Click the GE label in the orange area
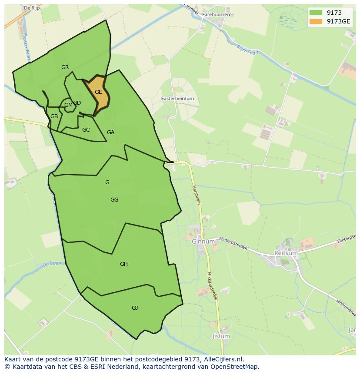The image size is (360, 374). tap(98, 92)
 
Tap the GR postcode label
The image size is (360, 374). tap(65, 67)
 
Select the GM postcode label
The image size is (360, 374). tap(68, 105)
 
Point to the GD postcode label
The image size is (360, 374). tap(77, 103)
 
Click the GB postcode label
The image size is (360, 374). tap(54, 116)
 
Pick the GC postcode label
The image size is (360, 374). tap(86, 130)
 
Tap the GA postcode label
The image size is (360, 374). tap(110, 132)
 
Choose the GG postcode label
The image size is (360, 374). tap(114, 200)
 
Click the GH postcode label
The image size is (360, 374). tap(124, 264)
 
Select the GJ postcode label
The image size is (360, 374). tap(135, 308)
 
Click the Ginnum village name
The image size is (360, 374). tap(203, 242)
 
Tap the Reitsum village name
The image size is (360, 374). tap(286, 252)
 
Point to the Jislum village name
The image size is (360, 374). tap(221, 337)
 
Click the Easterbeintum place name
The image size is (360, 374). tap(177, 99)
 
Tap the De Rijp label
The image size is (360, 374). tap(32, 8)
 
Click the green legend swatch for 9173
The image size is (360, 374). tap(316, 13)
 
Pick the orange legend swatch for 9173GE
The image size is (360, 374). tap(316, 21)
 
